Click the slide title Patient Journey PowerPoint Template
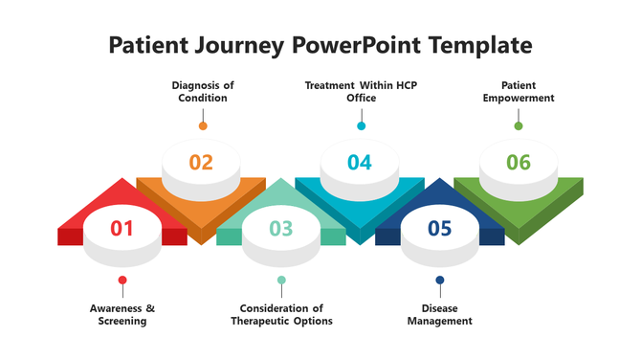click(x=320, y=44)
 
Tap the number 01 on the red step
click(x=122, y=228)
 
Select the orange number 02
click(x=201, y=162)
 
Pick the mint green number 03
click(x=280, y=228)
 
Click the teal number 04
click(x=360, y=162)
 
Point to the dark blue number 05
click(x=439, y=228)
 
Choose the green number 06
click(x=519, y=162)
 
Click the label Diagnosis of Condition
click(x=203, y=92)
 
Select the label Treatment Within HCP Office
click(x=361, y=92)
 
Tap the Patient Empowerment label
click(x=519, y=92)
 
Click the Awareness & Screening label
click(x=122, y=315)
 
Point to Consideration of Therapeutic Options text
click(x=281, y=315)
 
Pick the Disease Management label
click(x=440, y=315)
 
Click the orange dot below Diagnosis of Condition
click(x=203, y=125)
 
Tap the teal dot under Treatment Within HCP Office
click(x=361, y=125)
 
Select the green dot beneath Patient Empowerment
click(x=519, y=125)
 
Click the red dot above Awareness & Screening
click(x=122, y=281)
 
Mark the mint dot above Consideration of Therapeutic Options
click(x=281, y=281)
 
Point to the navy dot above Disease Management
click(x=440, y=281)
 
